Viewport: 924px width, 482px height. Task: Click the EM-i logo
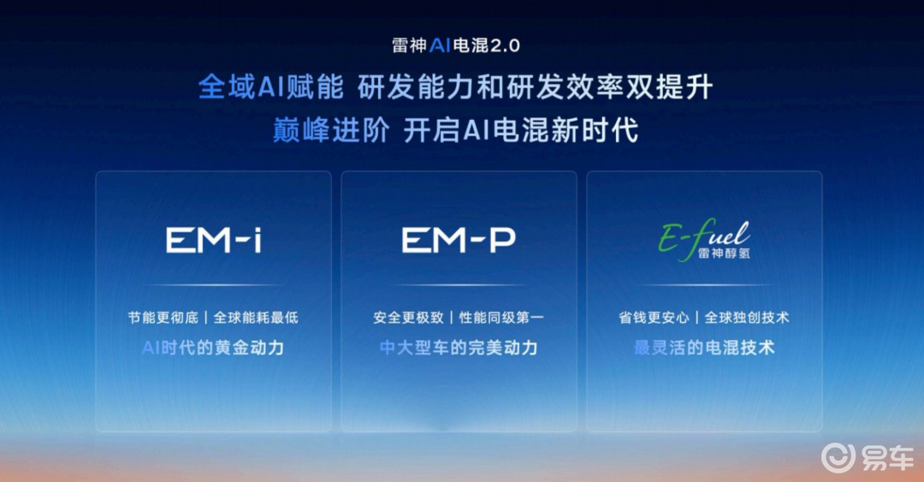[x=213, y=241]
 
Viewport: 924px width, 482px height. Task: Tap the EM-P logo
[x=459, y=241]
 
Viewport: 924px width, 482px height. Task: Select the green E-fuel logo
[x=704, y=240]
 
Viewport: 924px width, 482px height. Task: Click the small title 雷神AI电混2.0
[x=456, y=45]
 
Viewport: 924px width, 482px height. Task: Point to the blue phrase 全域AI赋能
[x=270, y=87]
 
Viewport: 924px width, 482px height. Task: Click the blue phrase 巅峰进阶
[x=330, y=130]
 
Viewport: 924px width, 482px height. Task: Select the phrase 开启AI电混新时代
[x=521, y=130]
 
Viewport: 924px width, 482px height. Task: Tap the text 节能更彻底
[x=163, y=318]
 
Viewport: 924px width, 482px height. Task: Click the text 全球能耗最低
[x=256, y=318]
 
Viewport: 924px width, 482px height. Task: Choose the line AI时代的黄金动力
[x=213, y=348]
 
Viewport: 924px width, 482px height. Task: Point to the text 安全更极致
[x=408, y=318]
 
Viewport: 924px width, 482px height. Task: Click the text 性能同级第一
[x=501, y=318]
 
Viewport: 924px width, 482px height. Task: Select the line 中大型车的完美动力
[x=459, y=348]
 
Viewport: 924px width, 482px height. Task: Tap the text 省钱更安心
[x=654, y=318]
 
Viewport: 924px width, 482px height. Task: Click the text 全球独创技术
[x=747, y=318]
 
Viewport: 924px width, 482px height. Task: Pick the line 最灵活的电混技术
[x=704, y=348]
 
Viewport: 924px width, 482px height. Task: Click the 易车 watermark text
[x=887, y=458]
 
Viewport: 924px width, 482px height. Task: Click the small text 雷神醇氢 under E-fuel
[x=724, y=253]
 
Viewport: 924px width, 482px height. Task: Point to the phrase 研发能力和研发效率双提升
[x=536, y=87]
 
